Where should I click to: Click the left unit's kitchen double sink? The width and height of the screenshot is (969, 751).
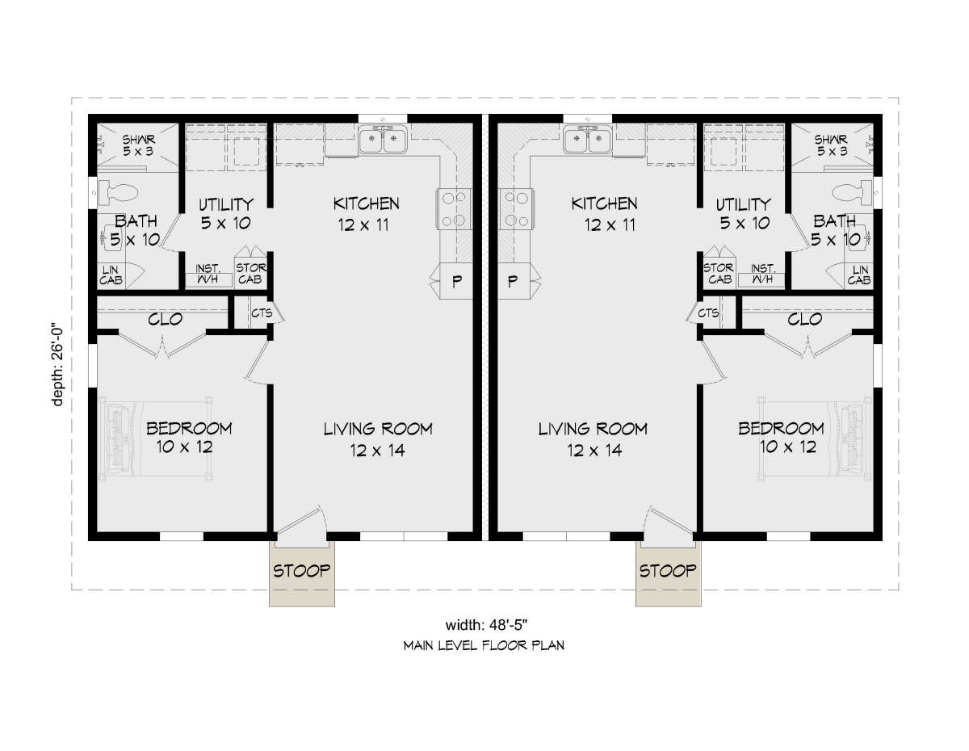383,139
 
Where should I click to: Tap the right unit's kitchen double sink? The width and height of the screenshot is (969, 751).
587,139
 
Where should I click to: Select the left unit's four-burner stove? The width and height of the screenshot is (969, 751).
454,209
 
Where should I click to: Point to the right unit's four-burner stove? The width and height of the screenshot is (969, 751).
516,209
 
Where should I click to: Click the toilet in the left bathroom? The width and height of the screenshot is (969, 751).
117,193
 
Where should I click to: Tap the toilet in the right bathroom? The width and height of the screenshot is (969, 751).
852,193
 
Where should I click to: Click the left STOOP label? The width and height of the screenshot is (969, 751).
301,571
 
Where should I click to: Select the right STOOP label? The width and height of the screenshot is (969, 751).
668,571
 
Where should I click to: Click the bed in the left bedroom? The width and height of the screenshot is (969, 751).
155,438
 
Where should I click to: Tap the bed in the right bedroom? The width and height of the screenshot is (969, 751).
815,438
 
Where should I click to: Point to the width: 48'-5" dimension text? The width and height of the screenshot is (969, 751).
486,625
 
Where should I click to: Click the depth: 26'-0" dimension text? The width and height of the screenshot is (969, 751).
57,364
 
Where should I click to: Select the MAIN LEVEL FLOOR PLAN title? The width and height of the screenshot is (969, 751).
484,645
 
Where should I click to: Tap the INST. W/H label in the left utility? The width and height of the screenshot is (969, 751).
208,274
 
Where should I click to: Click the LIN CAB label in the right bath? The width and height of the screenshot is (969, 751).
859,275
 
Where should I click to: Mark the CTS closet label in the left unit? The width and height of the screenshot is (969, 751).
262,313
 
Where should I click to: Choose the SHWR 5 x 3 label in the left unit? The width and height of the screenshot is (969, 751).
139,145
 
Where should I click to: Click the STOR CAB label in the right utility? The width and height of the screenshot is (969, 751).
719,274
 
